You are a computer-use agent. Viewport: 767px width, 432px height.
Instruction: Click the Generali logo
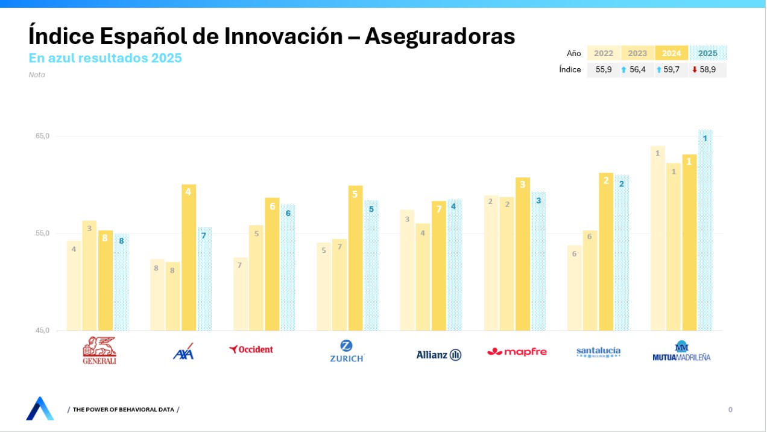point(99,350)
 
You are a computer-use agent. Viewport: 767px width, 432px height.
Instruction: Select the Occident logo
point(251,349)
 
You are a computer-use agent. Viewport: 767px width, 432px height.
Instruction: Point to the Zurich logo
point(346,351)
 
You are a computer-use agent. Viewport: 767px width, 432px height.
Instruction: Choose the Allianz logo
point(438,355)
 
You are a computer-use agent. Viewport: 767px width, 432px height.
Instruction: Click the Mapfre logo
point(517,352)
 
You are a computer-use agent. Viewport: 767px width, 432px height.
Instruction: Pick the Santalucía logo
point(598,352)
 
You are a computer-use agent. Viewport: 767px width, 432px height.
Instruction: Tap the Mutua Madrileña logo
point(681,351)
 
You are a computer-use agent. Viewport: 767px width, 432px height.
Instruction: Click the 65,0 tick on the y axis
point(42,136)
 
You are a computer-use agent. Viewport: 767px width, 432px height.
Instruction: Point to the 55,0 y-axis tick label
point(42,233)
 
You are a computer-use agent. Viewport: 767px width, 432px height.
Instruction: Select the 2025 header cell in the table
point(707,53)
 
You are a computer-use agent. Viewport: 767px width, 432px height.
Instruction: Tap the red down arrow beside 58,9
point(695,69)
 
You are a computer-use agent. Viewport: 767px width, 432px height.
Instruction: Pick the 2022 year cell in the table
point(604,53)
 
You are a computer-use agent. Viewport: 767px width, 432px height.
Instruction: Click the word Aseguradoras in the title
point(440,36)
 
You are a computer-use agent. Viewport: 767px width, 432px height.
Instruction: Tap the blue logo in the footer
point(40,408)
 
